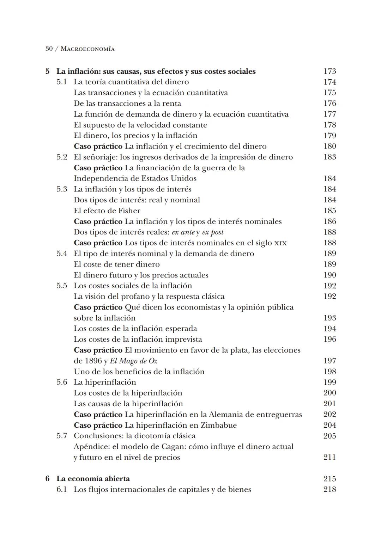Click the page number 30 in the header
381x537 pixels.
coord(49,49)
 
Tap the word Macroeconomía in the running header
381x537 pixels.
coord(87,49)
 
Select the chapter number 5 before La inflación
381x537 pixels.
coord(48,71)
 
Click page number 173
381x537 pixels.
coord(329,71)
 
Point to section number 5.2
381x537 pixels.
coord(62,157)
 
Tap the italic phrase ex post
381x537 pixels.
coord(213,232)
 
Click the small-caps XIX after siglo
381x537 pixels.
coord(280,243)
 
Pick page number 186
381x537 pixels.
coord(329,221)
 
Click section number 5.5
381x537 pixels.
coord(62,286)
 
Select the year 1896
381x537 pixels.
coord(93,361)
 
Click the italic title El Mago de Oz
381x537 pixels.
coord(133,361)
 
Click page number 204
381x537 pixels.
coord(329,425)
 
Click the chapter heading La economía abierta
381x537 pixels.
coord(93,479)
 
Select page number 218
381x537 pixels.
coord(329,489)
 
